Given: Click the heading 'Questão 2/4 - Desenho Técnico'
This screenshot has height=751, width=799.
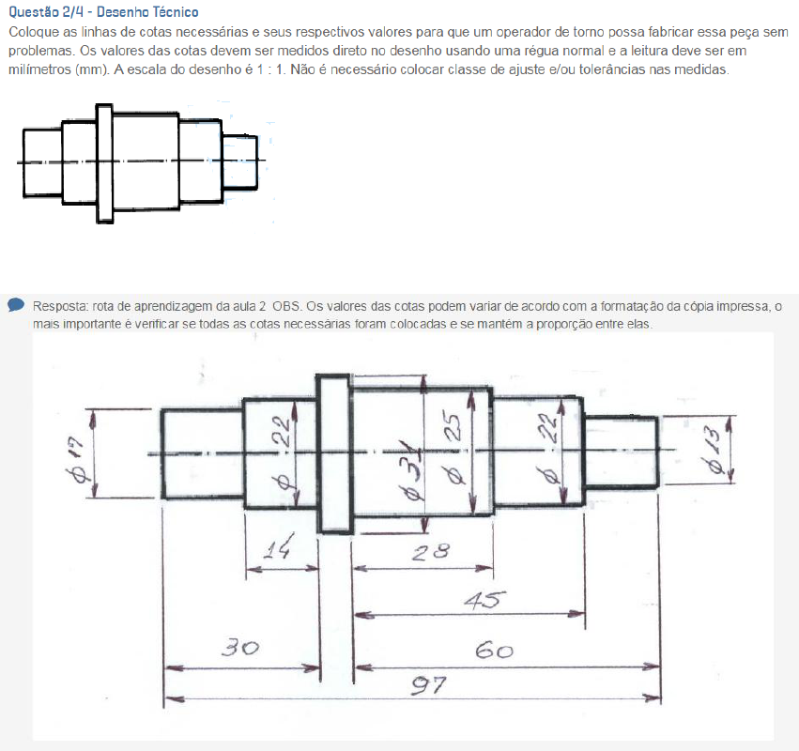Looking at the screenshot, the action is point(104,11).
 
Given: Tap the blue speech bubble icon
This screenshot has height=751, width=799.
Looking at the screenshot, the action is point(16,305).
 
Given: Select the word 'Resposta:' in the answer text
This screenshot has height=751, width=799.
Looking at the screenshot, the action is point(61,306).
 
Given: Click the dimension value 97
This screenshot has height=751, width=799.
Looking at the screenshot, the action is point(429,686).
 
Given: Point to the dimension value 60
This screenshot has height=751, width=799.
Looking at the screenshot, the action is point(494,651).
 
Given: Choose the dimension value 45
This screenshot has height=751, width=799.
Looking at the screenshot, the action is point(485,600).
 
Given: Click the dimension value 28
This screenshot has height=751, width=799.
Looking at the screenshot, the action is point(431,551).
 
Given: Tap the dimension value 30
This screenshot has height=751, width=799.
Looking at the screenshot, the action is point(240,648).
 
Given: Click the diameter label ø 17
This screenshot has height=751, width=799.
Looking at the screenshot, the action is point(78,460).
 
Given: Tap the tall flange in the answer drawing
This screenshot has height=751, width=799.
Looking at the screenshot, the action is point(334,454).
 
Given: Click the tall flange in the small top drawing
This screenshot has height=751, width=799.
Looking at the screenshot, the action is point(104,163).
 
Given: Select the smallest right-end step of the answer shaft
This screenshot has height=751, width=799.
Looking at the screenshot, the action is point(621,452).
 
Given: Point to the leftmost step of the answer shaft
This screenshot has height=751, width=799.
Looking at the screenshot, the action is point(203,453).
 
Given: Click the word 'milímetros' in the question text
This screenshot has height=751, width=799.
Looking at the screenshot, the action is point(39,69).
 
